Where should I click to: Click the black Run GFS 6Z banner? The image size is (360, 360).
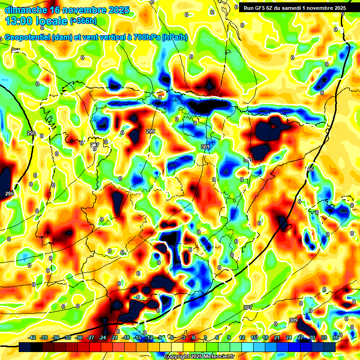click(x=294, y=8)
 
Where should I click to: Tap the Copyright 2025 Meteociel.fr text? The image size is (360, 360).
click(x=199, y=357)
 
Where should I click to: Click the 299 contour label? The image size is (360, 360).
click(x=150, y=131)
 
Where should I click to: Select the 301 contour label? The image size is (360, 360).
click(x=205, y=147)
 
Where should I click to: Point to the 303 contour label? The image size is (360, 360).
click(x=248, y=160)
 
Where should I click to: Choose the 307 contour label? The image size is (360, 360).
click(x=248, y=307)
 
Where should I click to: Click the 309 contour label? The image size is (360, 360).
click(x=293, y=320)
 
